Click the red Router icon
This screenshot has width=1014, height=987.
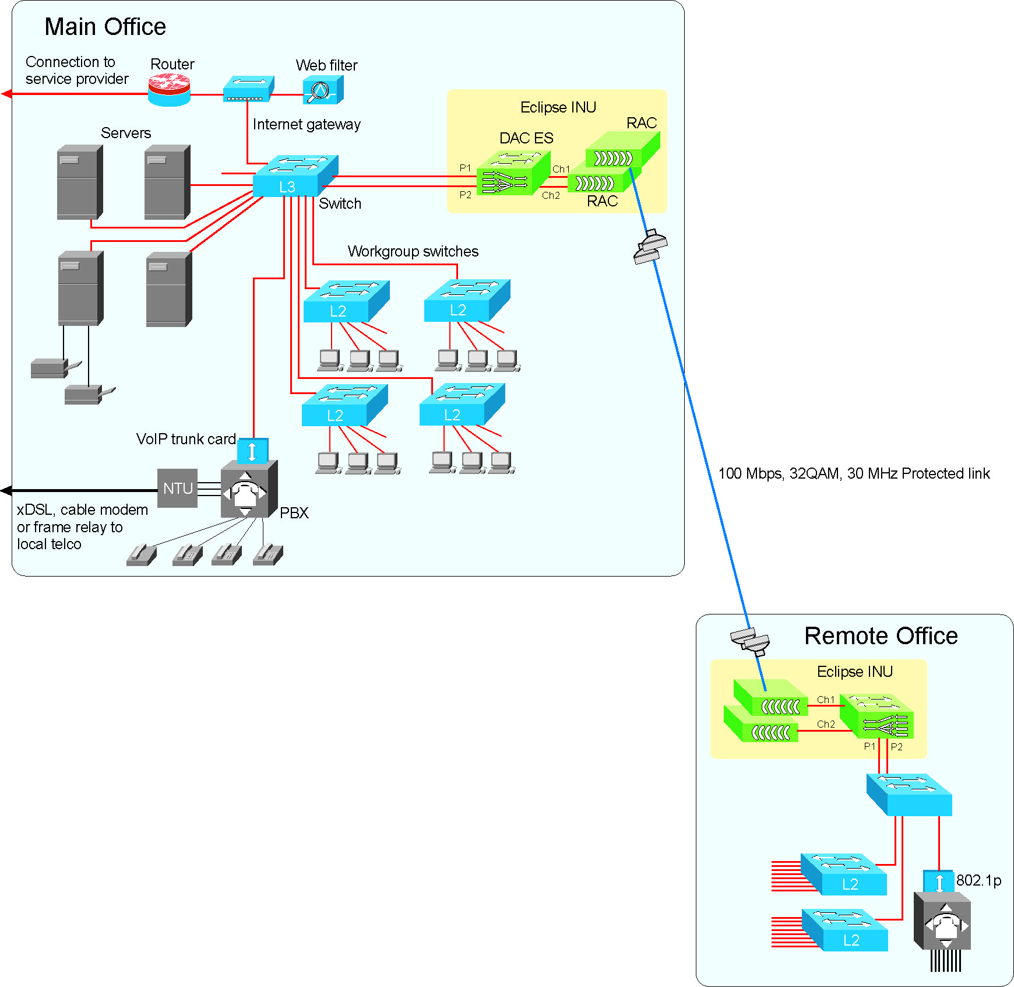[169, 91]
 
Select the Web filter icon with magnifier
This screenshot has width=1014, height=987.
[322, 91]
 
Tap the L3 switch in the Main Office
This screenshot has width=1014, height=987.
[294, 176]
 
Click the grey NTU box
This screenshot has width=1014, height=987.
[177, 489]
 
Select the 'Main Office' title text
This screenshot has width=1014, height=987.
[105, 27]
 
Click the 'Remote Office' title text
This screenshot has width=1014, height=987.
[881, 636]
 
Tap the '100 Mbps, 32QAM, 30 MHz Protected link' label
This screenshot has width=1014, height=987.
[854, 473]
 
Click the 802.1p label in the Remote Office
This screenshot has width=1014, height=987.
[978, 880]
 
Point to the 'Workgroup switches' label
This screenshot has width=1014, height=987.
[413, 251]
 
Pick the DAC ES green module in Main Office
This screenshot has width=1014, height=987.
[512, 174]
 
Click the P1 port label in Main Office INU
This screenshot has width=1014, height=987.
[465, 168]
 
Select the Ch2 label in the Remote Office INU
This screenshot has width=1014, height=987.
[826, 724]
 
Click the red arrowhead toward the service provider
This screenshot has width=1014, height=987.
[6, 94]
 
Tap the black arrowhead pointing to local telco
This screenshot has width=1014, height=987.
[6, 491]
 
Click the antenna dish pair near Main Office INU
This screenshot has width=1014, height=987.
[650, 247]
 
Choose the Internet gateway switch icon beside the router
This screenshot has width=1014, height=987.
[248, 89]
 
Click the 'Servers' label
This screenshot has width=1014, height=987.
[126, 133]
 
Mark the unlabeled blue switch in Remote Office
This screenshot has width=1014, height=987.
[909, 795]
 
